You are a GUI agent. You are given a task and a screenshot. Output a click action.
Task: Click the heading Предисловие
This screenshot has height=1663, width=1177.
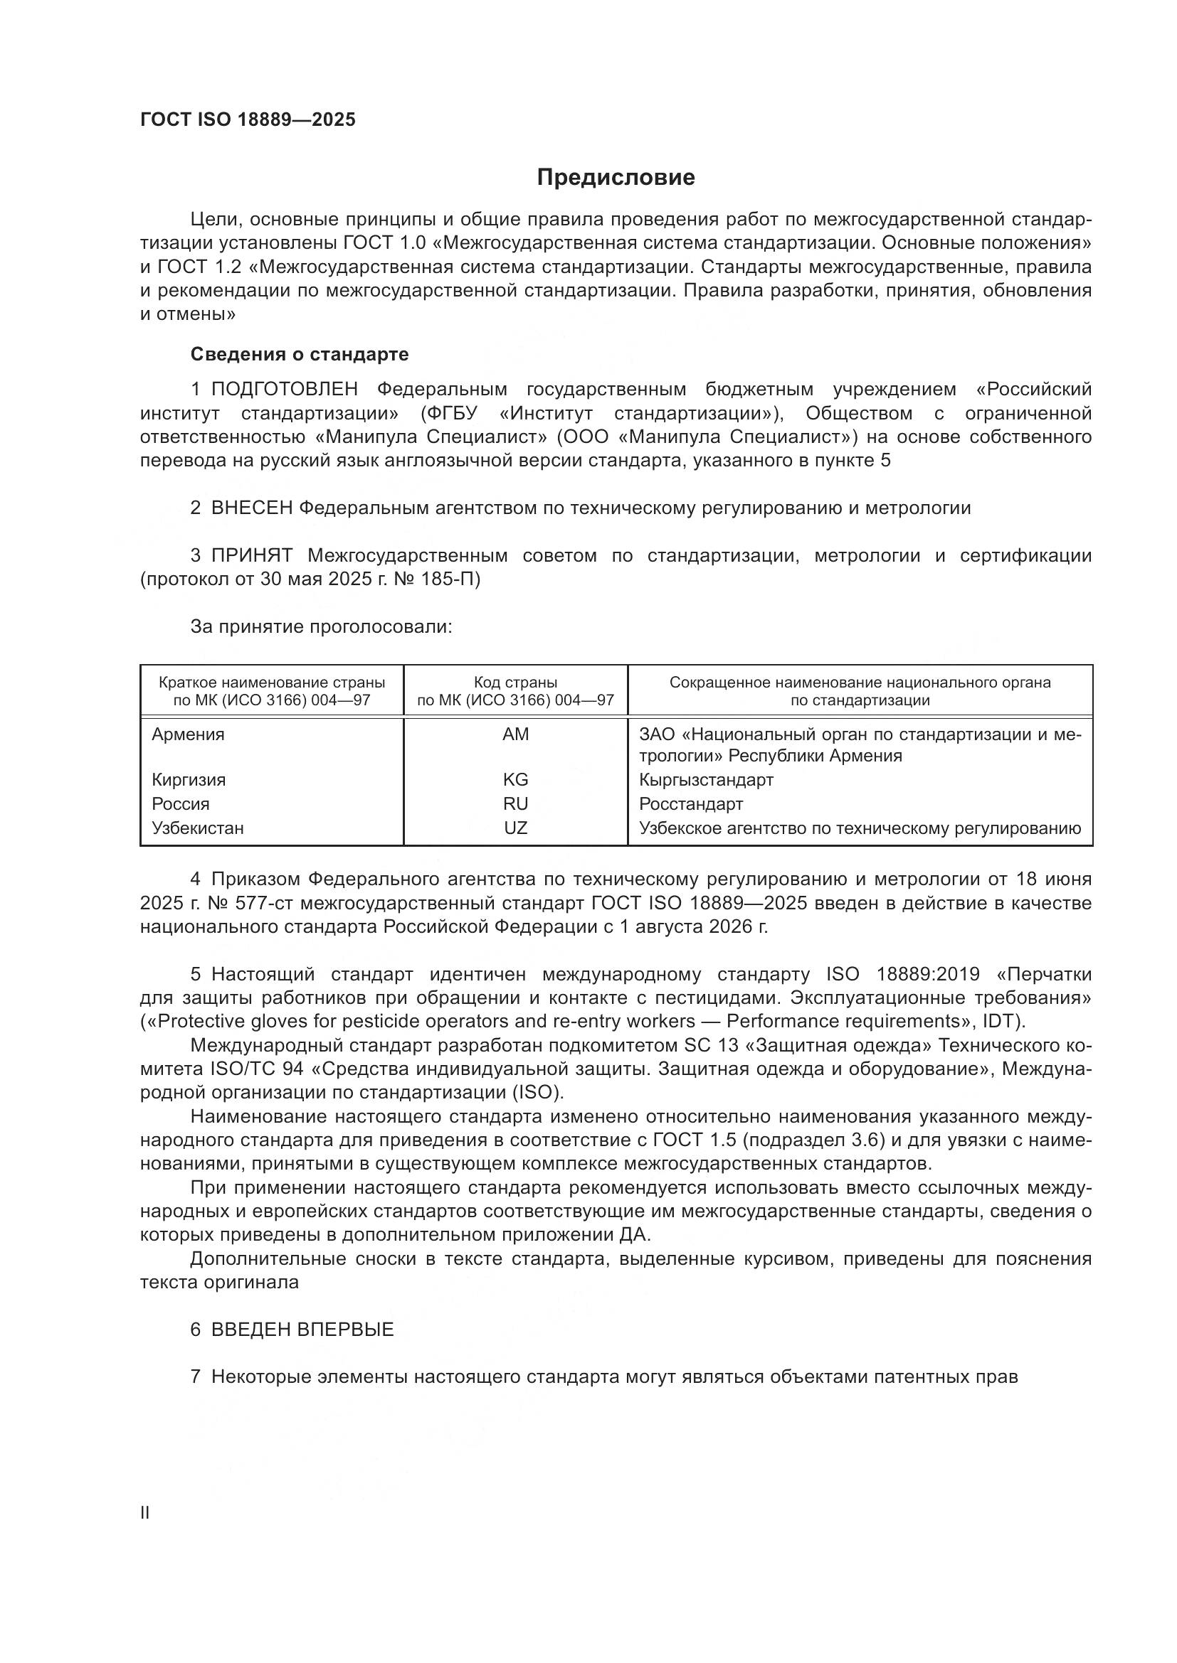[x=616, y=178]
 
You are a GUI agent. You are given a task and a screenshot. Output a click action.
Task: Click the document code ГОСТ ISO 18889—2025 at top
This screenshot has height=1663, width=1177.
[x=248, y=120]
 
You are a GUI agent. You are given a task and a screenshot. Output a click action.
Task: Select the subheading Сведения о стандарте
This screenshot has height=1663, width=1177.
[x=300, y=354]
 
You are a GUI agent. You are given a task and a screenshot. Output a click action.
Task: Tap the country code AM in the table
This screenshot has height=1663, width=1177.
[x=515, y=734]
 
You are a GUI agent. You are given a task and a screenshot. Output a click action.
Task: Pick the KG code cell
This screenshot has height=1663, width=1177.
[x=515, y=780]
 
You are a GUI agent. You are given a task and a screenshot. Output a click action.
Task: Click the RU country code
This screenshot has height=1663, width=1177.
[x=515, y=804]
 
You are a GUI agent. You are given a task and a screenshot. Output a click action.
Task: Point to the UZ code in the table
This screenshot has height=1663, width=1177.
[x=515, y=828]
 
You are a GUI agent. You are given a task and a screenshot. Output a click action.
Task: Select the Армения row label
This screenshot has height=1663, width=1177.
[x=188, y=734]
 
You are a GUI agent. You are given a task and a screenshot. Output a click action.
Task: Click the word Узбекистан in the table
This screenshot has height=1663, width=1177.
[x=197, y=828]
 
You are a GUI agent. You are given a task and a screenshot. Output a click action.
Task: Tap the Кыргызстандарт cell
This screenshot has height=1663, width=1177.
[x=706, y=780]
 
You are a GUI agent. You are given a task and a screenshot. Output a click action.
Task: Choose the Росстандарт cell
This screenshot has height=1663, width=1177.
[x=691, y=804]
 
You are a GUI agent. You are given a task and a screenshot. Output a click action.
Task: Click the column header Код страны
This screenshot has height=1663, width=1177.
[x=515, y=683]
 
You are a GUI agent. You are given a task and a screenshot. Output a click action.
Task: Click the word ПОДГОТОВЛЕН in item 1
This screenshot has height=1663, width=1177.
[x=284, y=390]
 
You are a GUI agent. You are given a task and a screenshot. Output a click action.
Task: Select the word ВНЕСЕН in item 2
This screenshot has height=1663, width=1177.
[x=251, y=508]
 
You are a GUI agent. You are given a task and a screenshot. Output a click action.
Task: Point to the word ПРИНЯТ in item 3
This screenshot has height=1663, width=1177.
[x=251, y=556]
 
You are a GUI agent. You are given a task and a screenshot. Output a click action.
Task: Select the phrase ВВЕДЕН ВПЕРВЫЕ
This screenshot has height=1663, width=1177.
[x=302, y=1330]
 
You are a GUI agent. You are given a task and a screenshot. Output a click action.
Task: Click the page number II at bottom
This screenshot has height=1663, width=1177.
[x=145, y=1513]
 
